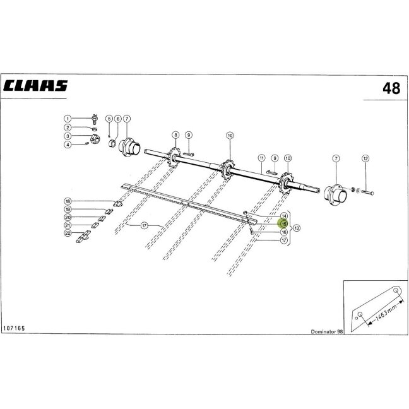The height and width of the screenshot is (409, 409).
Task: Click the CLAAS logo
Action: click(x=35, y=86)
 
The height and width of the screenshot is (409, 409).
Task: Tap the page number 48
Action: click(x=391, y=88)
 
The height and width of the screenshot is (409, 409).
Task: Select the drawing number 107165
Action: click(x=14, y=328)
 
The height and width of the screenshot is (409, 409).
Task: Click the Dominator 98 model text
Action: click(x=326, y=331)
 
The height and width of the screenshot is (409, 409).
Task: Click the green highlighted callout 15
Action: click(x=284, y=224)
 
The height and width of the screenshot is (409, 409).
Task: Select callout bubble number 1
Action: click(x=68, y=119)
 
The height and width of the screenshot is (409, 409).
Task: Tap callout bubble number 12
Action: click(x=365, y=158)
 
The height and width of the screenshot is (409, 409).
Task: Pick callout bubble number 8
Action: click(x=176, y=135)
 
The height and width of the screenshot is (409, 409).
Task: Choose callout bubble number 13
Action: click(x=297, y=228)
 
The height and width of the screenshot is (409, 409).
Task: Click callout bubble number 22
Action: click(x=68, y=233)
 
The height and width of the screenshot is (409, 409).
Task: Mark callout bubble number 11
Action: click(x=261, y=158)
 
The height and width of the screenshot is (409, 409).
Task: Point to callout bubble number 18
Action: click(x=68, y=201)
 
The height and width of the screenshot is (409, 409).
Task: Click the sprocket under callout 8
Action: click(x=174, y=157)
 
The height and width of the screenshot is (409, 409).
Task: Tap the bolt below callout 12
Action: click(x=367, y=193)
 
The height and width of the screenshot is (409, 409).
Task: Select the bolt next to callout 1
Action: click(x=95, y=119)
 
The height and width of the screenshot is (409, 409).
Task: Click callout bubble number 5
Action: click(x=109, y=119)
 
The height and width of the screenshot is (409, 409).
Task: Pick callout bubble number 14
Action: click(x=284, y=216)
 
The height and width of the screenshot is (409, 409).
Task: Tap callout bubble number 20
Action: click(x=68, y=217)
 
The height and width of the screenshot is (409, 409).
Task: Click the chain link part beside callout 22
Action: click(x=83, y=237)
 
